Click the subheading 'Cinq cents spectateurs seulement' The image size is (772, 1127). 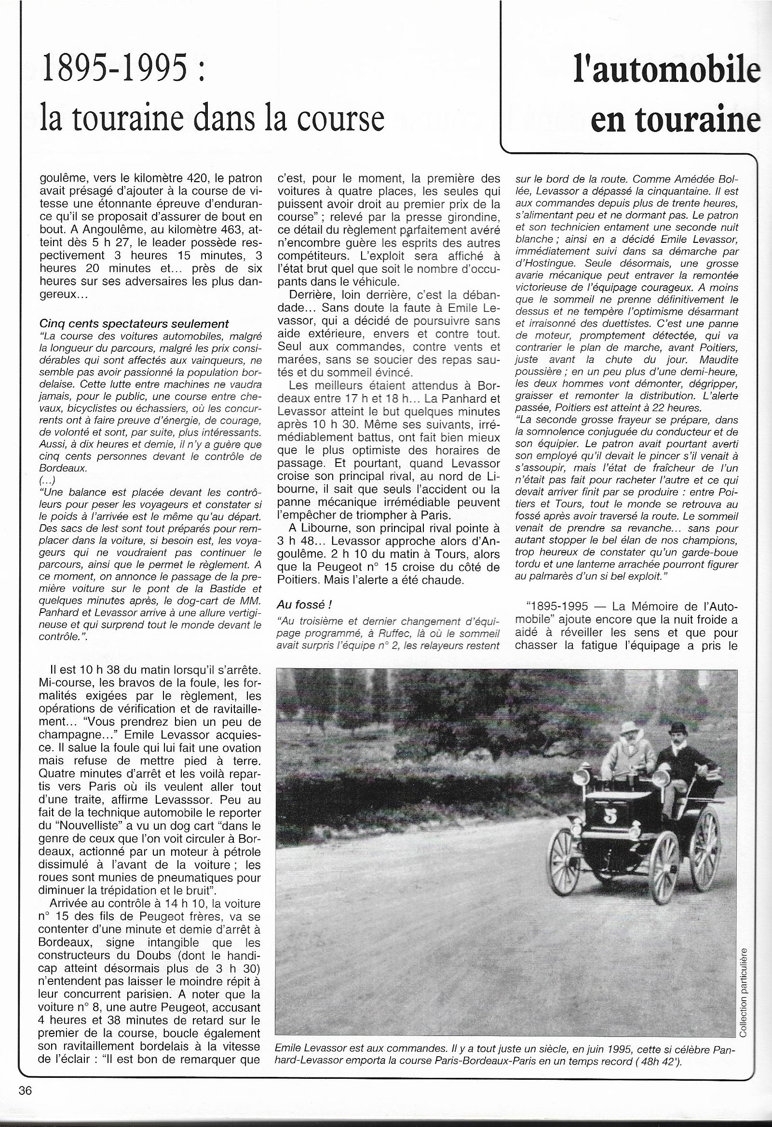point(135,324)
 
